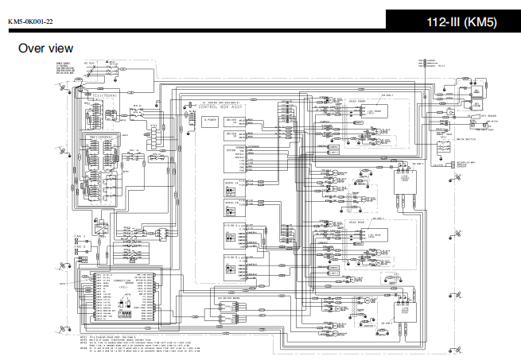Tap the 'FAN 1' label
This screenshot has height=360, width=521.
[80, 237]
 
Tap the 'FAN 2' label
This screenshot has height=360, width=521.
[80, 246]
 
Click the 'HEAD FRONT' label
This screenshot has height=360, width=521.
[357, 101]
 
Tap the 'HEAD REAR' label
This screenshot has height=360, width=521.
[357, 224]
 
